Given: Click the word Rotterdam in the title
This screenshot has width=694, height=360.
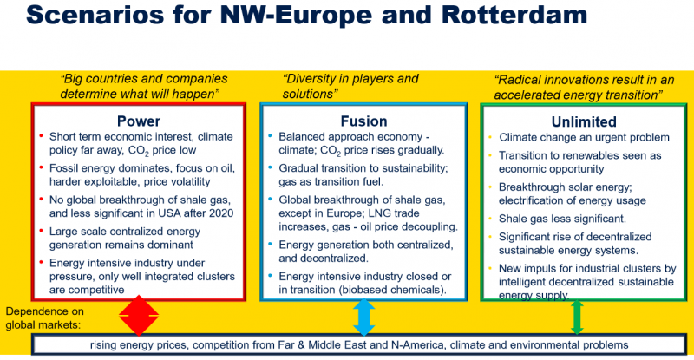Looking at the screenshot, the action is tap(514, 15).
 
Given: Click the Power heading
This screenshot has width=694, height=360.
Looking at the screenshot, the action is tap(139, 121).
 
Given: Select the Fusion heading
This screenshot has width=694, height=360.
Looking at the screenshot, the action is tap(363, 121).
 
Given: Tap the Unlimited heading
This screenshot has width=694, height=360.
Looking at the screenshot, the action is tap(584, 121).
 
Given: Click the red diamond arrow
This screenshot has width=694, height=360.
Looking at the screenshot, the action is tap(139, 316).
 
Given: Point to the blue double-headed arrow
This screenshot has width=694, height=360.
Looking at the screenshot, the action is tap(363, 317).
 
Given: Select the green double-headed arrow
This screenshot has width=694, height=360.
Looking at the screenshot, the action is tap(577, 317).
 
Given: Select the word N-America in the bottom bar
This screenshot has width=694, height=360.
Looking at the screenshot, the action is tap(417, 345).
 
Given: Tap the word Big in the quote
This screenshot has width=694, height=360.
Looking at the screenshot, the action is tap(72, 79).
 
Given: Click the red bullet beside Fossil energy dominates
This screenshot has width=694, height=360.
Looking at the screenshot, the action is tap(41, 167).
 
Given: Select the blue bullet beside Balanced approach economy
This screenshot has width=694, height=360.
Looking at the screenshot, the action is tap(270, 136).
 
